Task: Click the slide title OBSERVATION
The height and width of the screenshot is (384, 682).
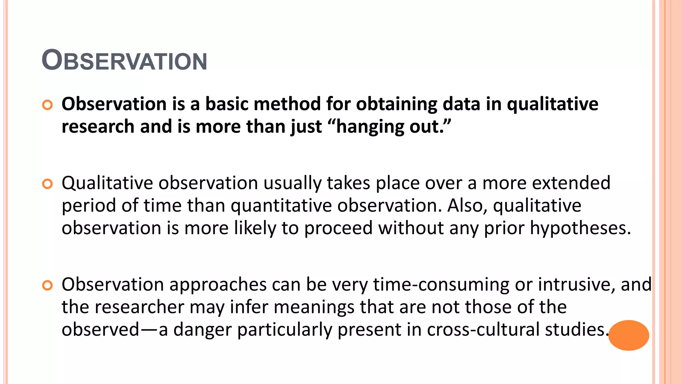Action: tap(124, 60)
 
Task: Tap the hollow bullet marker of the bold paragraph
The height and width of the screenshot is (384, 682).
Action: tap(48, 105)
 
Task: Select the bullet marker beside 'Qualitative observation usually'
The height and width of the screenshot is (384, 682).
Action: tap(48, 184)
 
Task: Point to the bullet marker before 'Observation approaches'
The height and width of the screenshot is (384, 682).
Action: tap(48, 285)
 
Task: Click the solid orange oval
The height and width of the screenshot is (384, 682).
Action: tap(628, 335)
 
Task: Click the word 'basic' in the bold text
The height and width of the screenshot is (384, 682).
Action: tap(226, 104)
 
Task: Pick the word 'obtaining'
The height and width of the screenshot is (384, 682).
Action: tap(396, 105)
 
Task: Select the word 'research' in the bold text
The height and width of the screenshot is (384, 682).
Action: tap(98, 127)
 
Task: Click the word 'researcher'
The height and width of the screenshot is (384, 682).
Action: tap(139, 307)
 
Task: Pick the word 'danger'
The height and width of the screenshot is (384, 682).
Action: tap(202, 330)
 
